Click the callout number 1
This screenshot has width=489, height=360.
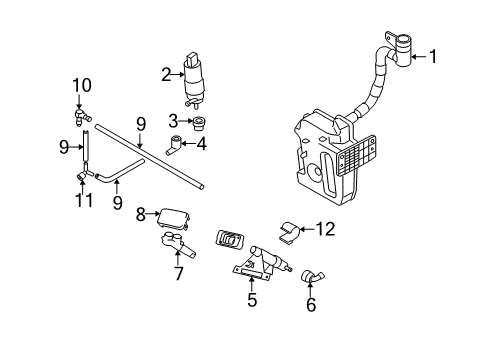tap(433, 57)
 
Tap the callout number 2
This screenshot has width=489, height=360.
tap(166, 75)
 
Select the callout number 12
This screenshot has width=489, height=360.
tap(325, 229)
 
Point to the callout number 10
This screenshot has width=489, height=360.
tap(82, 85)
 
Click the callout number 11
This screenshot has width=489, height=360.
tap(84, 200)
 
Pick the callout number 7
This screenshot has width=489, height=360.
tap(179, 274)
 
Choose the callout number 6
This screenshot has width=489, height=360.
tap(311, 305)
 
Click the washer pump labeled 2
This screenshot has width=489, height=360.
tap(194, 81)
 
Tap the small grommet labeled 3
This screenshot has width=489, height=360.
tap(199, 123)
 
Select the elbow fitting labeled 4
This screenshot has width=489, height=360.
tap(173, 145)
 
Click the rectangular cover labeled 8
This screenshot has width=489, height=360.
tap(174, 219)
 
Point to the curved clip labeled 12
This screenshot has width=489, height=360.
tap(289, 232)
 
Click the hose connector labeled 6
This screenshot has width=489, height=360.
tap(312, 277)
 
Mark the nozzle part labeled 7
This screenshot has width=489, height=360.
tap(178, 245)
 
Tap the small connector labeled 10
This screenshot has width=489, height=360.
tap(81, 116)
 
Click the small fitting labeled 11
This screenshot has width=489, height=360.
tap(81, 176)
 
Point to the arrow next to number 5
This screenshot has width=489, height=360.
tap(252, 284)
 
